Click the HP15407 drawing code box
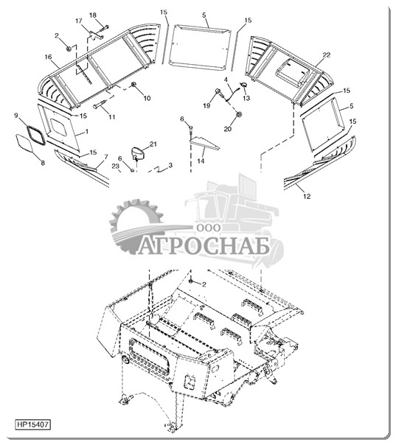(32, 424)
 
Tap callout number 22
(326, 55)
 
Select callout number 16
(48, 57)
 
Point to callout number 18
(93, 15)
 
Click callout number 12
(307, 196)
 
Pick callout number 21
(153, 144)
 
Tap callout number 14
(201, 161)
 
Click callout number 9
(16, 116)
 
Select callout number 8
(43, 163)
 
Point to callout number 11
(112, 116)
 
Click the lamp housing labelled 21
(137, 153)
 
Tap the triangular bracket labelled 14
(205, 143)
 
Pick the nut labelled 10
(134, 84)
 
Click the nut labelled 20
(239, 114)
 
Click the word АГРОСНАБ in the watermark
(204, 247)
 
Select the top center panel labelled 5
(200, 49)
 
